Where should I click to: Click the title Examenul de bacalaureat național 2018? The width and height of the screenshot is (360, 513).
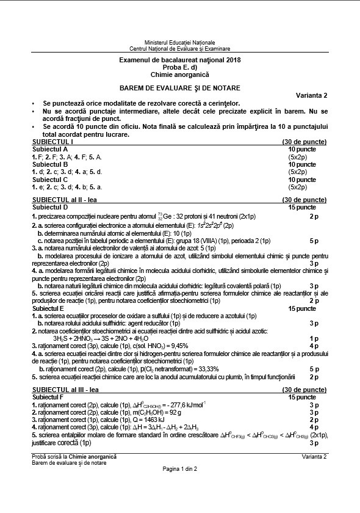click(179, 60)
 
